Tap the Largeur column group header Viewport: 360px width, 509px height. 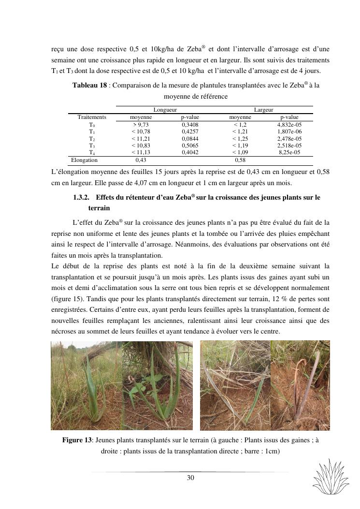[263, 110]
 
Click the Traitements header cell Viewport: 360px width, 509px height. [92, 117]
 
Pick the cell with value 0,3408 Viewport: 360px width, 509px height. [190, 124]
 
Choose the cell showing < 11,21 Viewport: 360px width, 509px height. [141, 138]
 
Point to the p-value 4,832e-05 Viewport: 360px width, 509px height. [289, 124]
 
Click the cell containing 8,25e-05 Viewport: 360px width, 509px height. [289, 152]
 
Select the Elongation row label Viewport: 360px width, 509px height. [84, 160]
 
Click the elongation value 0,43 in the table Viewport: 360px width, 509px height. [141, 160]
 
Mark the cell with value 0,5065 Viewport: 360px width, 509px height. [190, 145]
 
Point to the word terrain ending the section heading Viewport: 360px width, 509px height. [99, 208]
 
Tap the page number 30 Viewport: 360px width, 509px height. [190, 478]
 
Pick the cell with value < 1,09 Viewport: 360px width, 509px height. [240, 152]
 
